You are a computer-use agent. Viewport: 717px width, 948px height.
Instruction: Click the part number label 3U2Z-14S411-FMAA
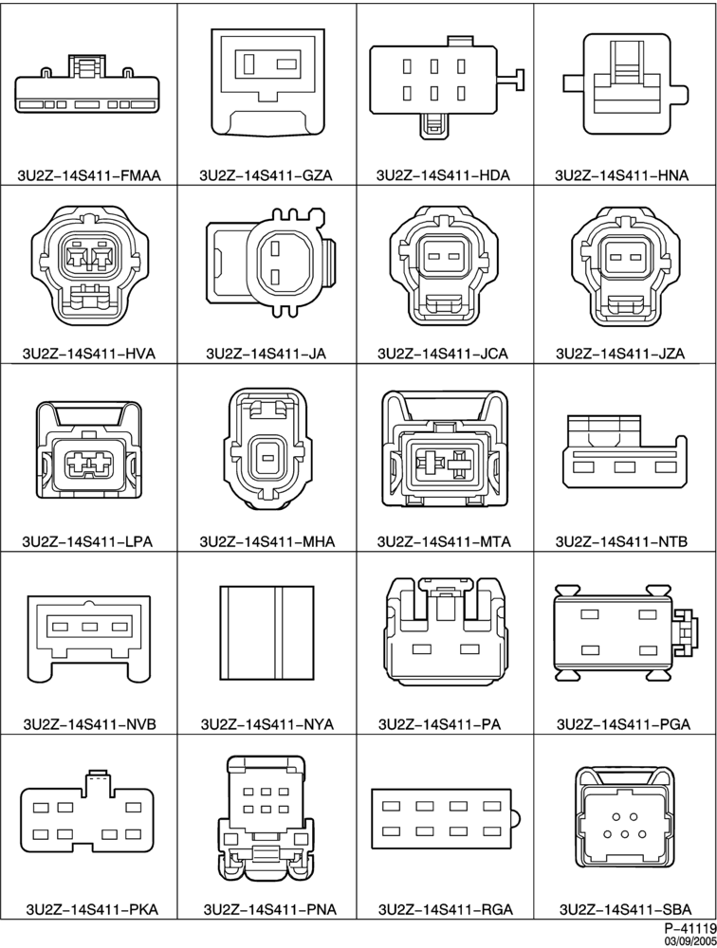[x=89, y=175]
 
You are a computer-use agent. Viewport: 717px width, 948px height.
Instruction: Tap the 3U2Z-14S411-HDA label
[x=443, y=175]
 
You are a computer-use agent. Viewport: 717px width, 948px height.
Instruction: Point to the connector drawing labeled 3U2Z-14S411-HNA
[x=626, y=84]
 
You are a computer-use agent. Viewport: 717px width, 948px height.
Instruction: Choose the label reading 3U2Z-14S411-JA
[x=267, y=353]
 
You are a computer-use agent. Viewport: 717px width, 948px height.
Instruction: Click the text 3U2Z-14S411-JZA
[x=620, y=353]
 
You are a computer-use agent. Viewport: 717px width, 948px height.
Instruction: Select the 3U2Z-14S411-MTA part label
[x=444, y=541]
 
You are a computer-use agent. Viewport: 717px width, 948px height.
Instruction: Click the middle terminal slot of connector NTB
[x=624, y=466]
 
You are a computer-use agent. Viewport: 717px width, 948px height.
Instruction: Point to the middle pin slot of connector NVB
[x=90, y=627]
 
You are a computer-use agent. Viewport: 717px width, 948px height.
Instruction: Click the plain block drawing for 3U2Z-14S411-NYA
[x=267, y=631]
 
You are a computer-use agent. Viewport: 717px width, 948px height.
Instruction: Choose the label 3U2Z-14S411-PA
[x=439, y=723]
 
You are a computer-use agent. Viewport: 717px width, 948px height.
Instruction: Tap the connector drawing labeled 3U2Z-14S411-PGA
[x=626, y=630]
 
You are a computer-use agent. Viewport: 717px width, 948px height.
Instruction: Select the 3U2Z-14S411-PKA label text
[x=92, y=909]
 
